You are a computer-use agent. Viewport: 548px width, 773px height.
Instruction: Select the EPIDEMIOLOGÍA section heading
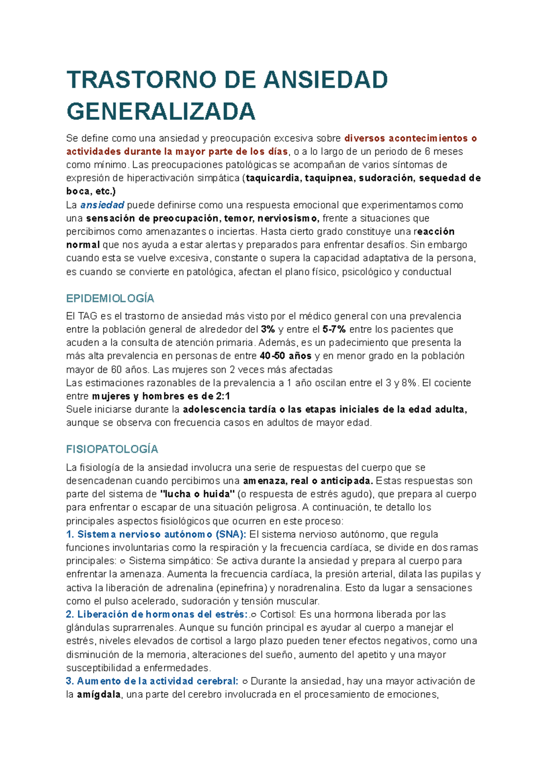pyautogui.click(x=110, y=299)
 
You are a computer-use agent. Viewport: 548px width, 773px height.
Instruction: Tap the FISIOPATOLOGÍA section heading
pyautogui.click(x=112, y=449)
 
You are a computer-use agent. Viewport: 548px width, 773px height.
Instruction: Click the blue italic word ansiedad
pyautogui.click(x=102, y=205)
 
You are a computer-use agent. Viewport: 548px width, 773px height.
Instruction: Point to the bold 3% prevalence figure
pyautogui.click(x=268, y=329)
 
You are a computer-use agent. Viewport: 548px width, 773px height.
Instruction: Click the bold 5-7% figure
pyautogui.click(x=334, y=329)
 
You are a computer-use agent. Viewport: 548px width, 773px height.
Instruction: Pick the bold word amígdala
pyautogui.click(x=99, y=695)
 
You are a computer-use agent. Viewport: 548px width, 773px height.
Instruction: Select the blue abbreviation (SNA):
pyautogui.click(x=231, y=534)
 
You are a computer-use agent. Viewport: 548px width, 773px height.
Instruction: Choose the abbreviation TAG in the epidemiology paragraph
pyautogui.click(x=87, y=316)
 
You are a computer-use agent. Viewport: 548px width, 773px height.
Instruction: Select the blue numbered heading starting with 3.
pyautogui.click(x=152, y=682)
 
